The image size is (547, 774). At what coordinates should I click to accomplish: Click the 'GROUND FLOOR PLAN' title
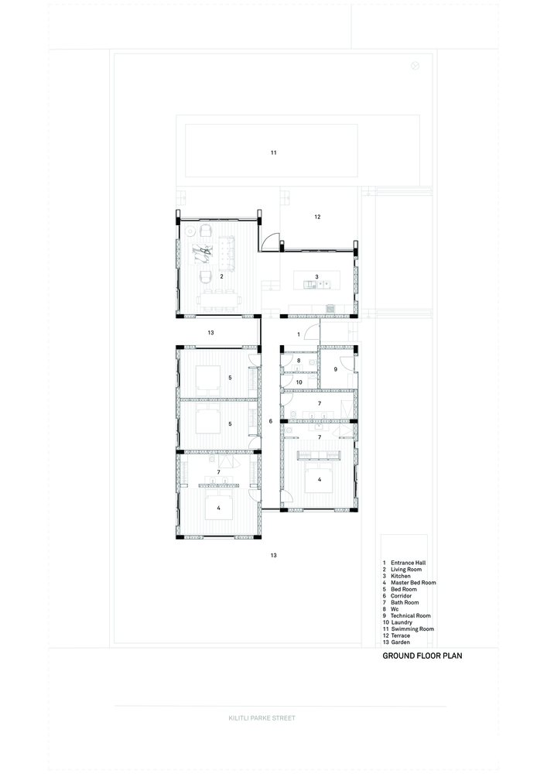[422, 656]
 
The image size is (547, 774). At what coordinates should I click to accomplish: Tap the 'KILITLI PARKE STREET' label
[262, 718]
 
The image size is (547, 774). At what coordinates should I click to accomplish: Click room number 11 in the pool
[273, 152]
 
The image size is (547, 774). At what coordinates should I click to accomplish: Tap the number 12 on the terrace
[317, 217]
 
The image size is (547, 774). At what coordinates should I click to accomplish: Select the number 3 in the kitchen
[316, 277]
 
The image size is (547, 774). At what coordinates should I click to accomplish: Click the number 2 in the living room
[221, 276]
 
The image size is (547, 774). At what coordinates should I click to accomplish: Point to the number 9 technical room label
[336, 369]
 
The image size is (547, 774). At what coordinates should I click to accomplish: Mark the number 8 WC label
[299, 361]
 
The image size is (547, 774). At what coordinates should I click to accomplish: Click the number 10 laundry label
[299, 382]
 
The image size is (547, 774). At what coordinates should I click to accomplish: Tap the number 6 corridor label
[270, 421]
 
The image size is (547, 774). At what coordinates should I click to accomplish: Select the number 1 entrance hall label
[299, 334]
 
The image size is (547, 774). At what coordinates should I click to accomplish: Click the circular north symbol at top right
[415, 66]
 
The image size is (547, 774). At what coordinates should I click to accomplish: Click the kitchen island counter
[316, 280]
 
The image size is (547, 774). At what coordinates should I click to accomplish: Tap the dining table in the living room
[220, 300]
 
